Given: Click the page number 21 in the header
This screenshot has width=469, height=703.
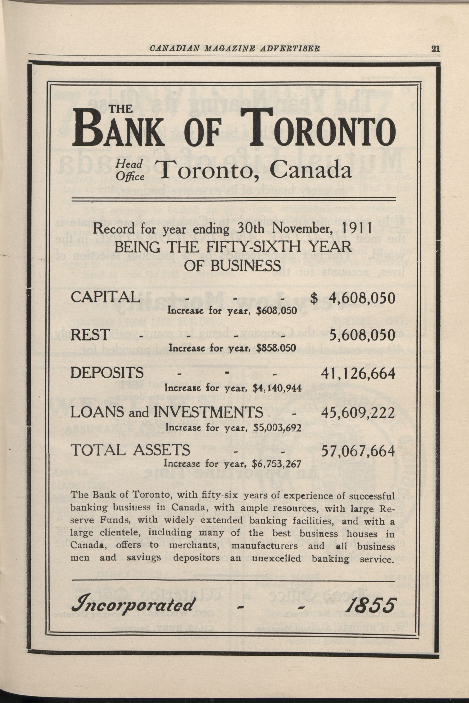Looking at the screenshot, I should (436, 48).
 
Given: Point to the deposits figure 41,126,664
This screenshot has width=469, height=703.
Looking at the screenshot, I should (358, 373).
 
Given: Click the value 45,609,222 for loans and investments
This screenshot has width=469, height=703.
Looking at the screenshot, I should (358, 413).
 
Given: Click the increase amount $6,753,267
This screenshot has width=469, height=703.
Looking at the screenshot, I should (276, 464).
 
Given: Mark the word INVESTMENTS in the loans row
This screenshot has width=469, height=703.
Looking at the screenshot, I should (209, 413).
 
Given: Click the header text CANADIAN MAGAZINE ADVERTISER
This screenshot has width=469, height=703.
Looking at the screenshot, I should (234, 48).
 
